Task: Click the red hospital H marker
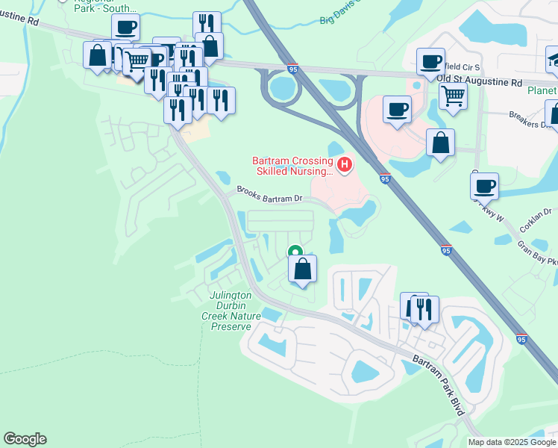344,164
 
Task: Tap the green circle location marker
295,253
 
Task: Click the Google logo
25,439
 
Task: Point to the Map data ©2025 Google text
511,442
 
